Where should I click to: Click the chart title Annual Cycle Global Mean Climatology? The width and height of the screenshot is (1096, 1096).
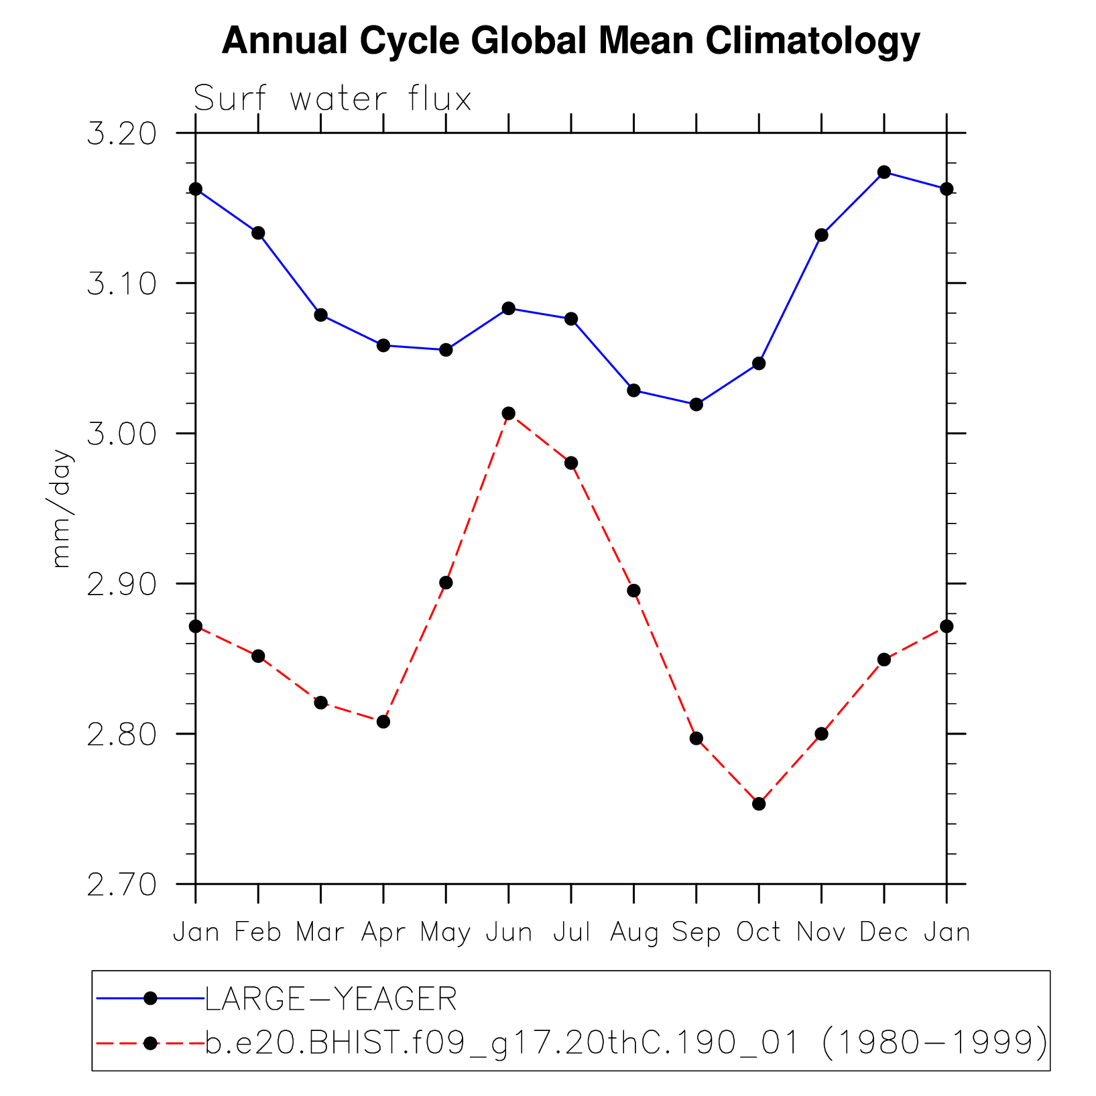coord(570,40)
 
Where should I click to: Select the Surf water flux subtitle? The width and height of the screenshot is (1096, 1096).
coord(332,99)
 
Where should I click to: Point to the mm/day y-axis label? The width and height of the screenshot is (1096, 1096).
coord(61,509)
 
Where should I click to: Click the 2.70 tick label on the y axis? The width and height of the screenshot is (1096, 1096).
coord(121,884)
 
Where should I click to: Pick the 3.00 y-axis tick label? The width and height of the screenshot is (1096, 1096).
coord(121,434)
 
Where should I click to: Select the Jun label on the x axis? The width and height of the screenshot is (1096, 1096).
coord(509,932)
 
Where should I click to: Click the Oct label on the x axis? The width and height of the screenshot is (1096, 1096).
coord(759,932)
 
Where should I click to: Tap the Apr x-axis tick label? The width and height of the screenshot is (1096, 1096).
coord(383,932)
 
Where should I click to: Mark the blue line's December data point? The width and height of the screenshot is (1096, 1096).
coord(884,172)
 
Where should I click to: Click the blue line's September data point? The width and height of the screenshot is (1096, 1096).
coord(696,404)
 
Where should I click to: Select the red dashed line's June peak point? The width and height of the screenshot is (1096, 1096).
coord(509,413)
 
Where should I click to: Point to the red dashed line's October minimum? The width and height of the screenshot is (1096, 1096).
coord(759,804)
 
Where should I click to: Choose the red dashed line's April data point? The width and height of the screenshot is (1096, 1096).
coord(383,721)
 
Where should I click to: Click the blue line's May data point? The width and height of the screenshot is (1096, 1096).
coord(446,350)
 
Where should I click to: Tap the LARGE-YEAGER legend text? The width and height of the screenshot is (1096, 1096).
coord(331,999)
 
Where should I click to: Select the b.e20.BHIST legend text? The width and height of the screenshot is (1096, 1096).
coord(626,1043)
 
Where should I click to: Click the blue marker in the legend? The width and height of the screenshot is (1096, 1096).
coord(150,999)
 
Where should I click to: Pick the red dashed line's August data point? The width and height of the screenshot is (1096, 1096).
coord(633,591)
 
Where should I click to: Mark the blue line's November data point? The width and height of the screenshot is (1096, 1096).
coord(822,235)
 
